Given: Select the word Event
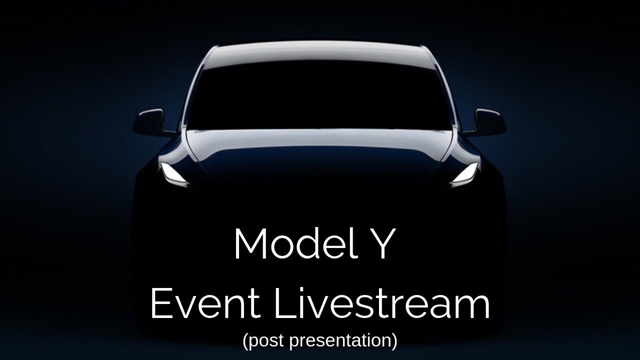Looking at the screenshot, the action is tap(205, 303).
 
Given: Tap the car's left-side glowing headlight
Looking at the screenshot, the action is tap(173, 173).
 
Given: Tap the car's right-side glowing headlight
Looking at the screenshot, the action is tap(465, 173).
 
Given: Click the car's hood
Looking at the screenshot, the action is tap(319, 154).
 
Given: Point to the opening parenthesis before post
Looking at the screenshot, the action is tap(246, 341).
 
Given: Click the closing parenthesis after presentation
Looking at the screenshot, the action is tap(394, 341).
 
